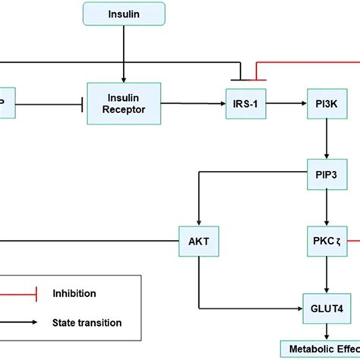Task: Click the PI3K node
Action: [x=327, y=102]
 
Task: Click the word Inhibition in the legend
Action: [x=74, y=292]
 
